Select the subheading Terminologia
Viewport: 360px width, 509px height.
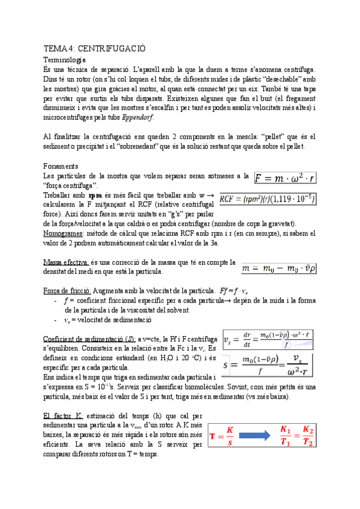(65, 60)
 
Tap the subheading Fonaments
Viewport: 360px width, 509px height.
(61, 166)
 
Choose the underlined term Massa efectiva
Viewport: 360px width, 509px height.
(67, 262)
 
